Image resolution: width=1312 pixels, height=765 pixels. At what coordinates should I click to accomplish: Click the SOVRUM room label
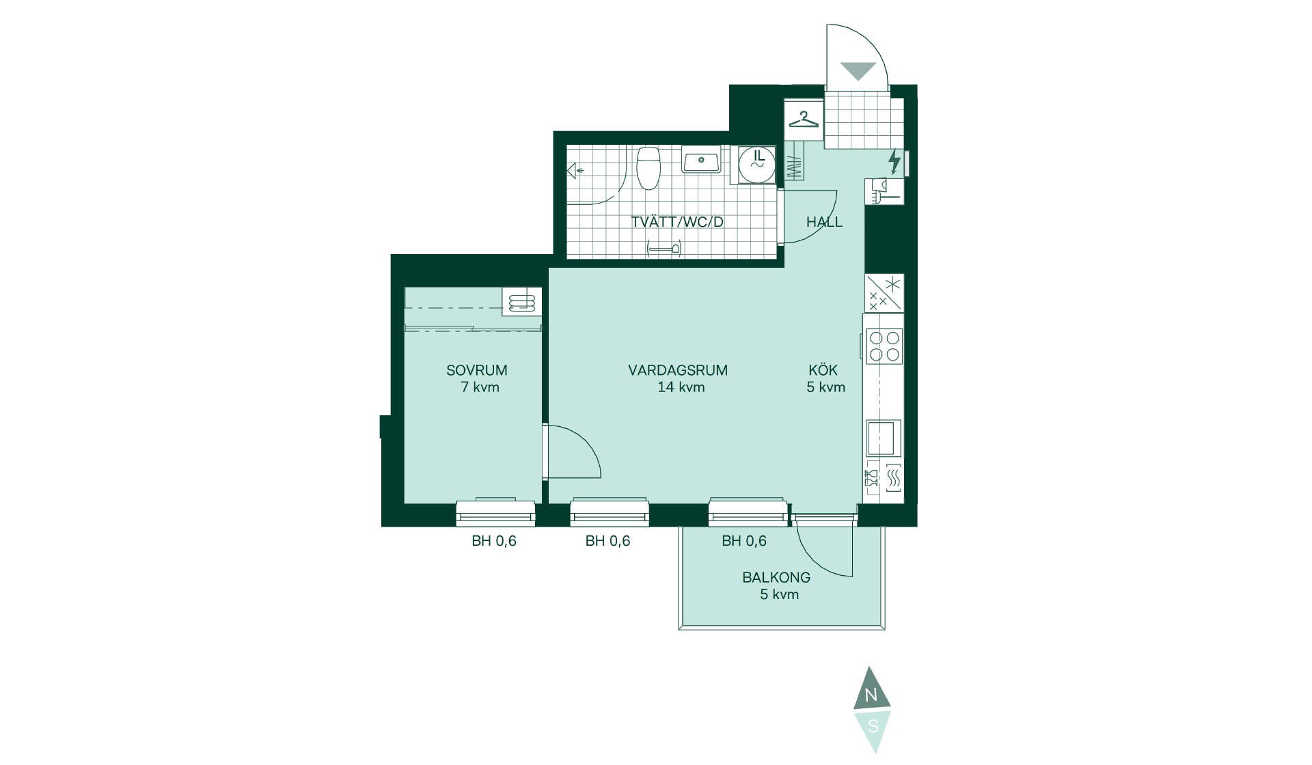[476, 370]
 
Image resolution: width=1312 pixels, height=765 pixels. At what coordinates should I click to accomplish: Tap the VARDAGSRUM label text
[678, 370]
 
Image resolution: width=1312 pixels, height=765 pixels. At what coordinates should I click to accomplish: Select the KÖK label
[823, 370]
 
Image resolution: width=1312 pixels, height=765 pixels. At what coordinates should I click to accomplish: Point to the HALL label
[824, 222]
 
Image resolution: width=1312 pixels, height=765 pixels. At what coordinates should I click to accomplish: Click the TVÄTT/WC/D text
[677, 222]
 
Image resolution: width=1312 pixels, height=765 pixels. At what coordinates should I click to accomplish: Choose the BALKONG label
[776, 577]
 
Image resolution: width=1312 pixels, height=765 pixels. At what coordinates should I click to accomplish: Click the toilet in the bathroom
[648, 167]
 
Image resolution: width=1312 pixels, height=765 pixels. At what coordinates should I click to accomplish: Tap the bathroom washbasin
[700, 160]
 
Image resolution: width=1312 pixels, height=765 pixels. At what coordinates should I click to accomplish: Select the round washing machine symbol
[757, 165]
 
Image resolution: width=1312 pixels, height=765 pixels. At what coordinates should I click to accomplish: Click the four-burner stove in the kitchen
[884, 346]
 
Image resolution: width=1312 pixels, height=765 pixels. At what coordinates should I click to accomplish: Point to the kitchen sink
[884, 438]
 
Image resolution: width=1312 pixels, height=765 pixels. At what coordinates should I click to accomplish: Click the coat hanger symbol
[804, 120]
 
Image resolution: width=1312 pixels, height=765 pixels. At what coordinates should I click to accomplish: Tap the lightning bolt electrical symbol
[894, 162]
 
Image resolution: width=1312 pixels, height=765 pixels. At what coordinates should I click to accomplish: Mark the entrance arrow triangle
[858, 70]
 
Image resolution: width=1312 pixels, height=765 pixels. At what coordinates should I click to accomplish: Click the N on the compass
[871, 696]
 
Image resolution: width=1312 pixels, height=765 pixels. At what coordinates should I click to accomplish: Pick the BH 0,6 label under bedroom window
[494, 541]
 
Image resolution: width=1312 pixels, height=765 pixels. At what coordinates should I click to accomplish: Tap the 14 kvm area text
[681, 387]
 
